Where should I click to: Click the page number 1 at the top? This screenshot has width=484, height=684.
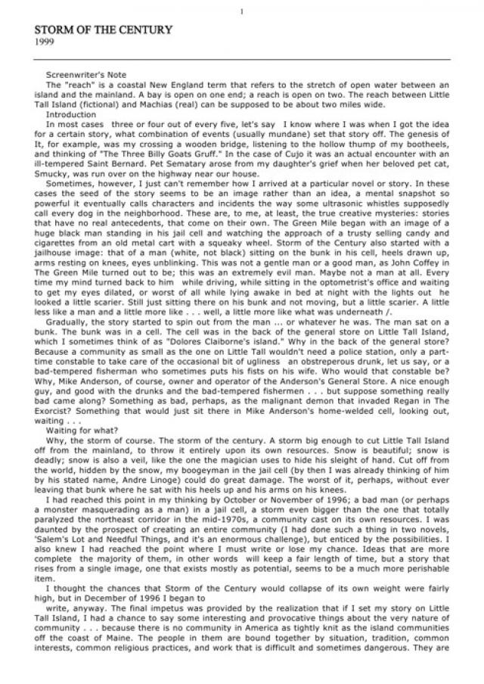pos(241,11)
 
